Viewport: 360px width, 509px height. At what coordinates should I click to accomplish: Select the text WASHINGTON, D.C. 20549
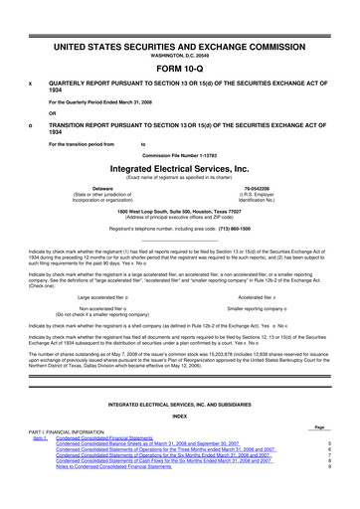click(x=179, y=27)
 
